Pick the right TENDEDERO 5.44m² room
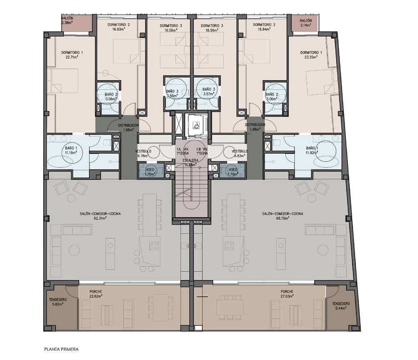click(341, 306)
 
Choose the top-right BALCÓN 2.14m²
click(305, 24)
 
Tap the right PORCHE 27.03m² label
click(287, 294)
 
